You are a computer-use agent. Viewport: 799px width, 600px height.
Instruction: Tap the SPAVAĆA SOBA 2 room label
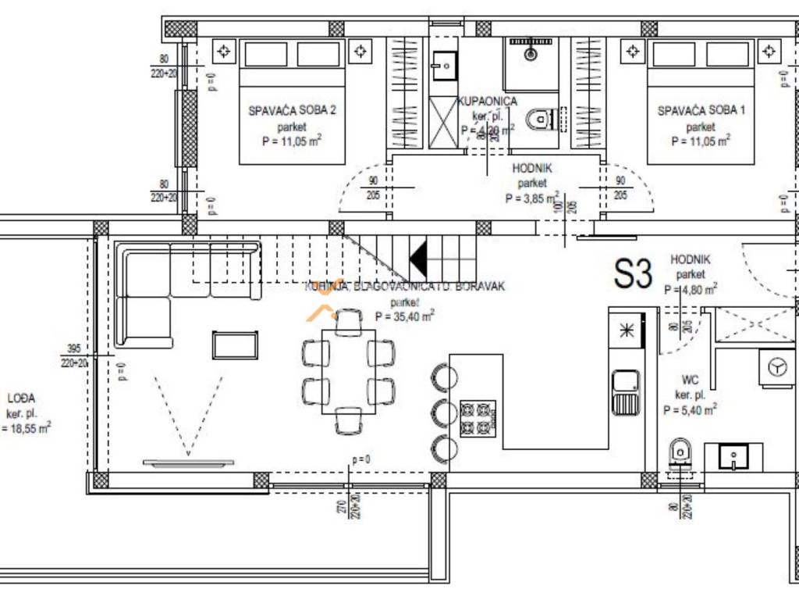coord(293,111)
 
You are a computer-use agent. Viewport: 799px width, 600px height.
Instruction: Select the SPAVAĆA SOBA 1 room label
coord(701,111)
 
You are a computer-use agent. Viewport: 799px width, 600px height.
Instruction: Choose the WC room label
coord(690,380)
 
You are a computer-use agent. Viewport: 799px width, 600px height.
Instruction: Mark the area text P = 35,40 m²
coord(404,316)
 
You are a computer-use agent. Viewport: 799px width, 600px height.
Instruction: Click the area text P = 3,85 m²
coord(532,198)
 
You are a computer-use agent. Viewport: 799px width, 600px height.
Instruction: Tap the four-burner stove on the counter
coord(478,418)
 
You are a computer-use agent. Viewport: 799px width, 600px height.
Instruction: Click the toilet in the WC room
coord(680,452)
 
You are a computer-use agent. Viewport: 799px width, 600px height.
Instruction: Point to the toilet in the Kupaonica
coord(540,120)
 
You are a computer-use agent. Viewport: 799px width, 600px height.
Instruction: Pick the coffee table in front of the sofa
coord(235,345)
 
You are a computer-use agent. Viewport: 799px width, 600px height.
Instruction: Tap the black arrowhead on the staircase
coord(419,259)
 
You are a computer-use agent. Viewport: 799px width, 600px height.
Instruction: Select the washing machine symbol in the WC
coord(777,368)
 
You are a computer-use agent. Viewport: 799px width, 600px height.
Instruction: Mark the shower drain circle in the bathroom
coord(531,55)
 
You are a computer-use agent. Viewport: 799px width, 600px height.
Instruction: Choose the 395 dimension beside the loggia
coord(74,349)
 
